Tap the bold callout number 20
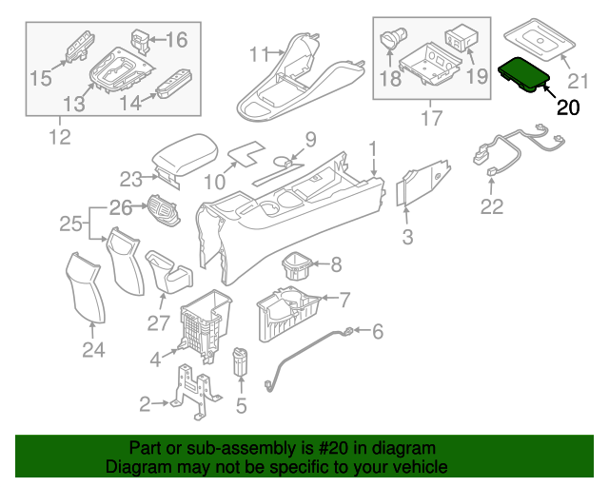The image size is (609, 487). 567,107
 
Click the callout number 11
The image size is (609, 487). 260,54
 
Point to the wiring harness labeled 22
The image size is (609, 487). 519,146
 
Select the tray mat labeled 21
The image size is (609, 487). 540,39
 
